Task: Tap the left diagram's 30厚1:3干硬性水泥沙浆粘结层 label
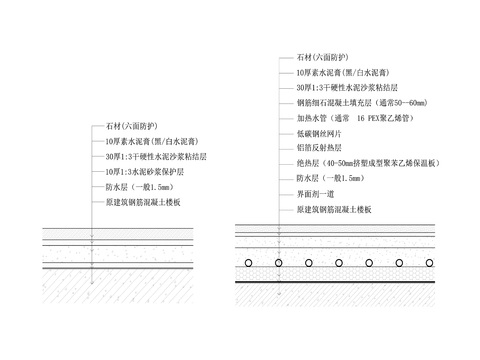click(x=156, y=157)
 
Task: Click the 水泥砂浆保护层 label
click(x=145, y=172)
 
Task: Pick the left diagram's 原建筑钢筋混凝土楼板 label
click(x=143, y=202)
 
